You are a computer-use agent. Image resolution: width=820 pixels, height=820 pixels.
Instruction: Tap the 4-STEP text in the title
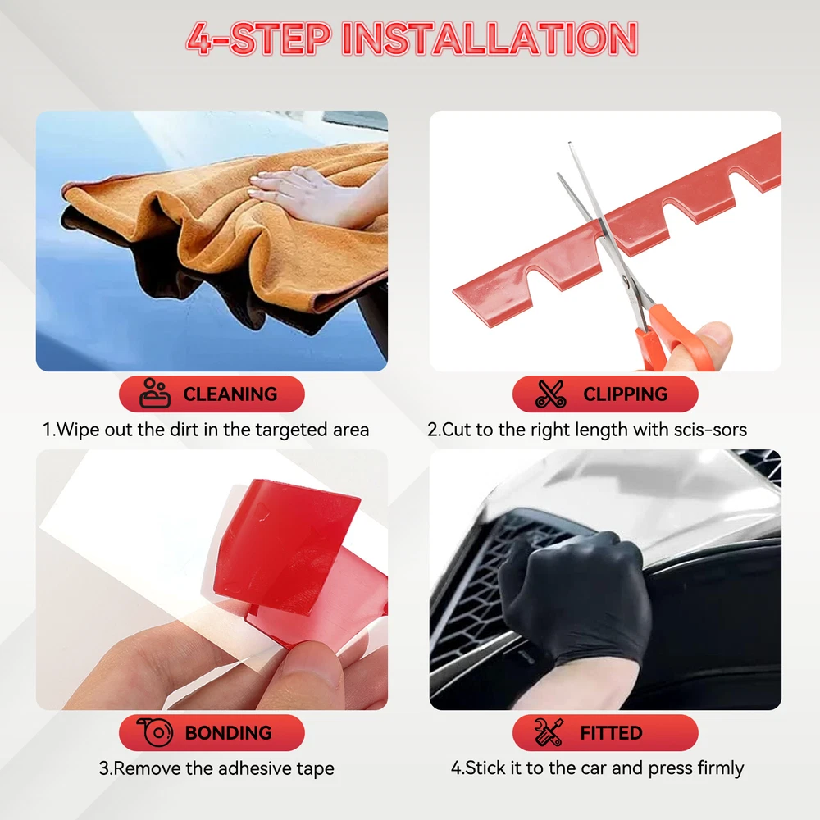(259, 39)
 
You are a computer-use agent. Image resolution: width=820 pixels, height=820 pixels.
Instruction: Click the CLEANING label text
(230, 394)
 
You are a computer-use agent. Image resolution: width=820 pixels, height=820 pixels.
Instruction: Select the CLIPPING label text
(626, 394)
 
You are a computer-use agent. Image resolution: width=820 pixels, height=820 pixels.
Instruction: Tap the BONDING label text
(229, 732)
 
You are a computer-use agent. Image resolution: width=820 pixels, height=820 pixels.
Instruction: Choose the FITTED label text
(611, 732)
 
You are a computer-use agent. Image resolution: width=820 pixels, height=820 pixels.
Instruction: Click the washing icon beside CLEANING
(155, 393)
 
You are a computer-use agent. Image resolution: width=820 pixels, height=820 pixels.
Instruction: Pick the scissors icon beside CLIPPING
(551, 394)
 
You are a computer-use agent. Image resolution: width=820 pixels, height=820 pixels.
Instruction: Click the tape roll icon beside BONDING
(155, 732)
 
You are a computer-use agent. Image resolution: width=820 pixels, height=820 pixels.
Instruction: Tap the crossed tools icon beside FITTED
(549, 732)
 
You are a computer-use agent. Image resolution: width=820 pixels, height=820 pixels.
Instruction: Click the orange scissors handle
(675, 337)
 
